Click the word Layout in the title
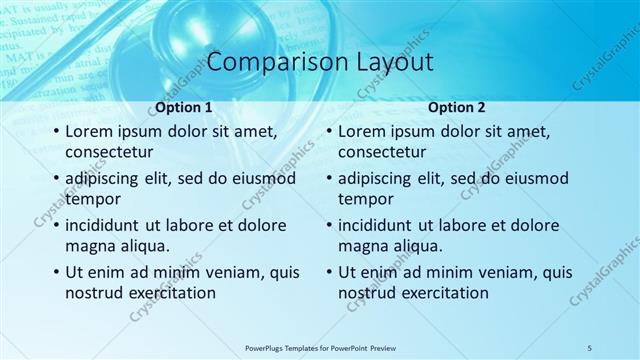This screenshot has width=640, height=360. [395, 62]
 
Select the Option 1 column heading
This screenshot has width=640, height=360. [184, 107]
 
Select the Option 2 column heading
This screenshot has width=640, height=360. [457, 107]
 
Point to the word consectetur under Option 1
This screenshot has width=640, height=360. [109, 152]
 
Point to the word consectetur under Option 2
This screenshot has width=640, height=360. [382, 152]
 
